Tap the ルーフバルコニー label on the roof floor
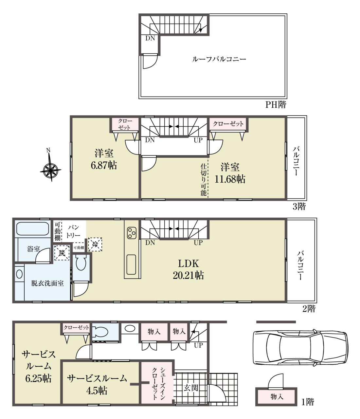click(x=219, y=59)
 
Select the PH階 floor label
click(x=276, y=105)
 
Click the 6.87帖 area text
click(x=104, y=165)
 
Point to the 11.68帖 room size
click(x=230, y=179)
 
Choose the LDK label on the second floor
click(x=188, y=264)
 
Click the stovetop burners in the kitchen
click(x=132, y=233)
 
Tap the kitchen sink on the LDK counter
click(x=131, y=265)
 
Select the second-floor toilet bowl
click(x=81, y=263)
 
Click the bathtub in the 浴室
click(x=32, y=229)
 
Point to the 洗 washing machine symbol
click(x=62, y=253)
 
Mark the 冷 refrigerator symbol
click(x=95, y=244)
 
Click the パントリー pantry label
click(x=73, y=231)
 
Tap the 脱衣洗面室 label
click(x=47, y=283)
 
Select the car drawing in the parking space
click(x=300, y=347)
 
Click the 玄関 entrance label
click(x=191, y=388)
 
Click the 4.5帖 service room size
click(x=97, y=391)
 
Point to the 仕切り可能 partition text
click(x=204, y=180)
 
